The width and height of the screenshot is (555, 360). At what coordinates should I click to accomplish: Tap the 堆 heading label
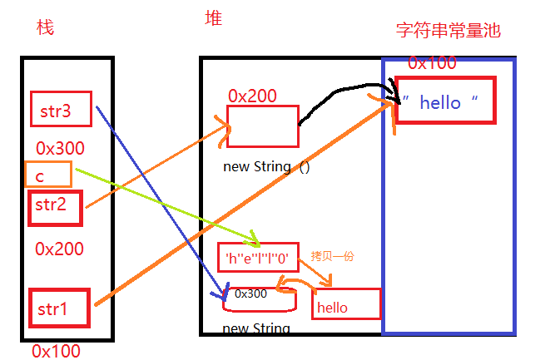213,18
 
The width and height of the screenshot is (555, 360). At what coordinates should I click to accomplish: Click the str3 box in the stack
60,109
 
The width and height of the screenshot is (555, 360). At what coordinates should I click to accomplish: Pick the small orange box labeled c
48,175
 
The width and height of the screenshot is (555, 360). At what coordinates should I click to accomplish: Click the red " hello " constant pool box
445,101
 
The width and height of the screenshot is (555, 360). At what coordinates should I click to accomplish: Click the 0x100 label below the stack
57,351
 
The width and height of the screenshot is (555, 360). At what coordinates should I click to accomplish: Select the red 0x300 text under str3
60,149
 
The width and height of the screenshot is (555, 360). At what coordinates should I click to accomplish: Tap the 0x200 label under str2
58,249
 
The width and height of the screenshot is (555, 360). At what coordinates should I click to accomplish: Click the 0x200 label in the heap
252,96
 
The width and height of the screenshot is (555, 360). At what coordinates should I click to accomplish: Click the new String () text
266,167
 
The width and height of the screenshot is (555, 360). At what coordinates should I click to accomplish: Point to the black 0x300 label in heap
250,293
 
